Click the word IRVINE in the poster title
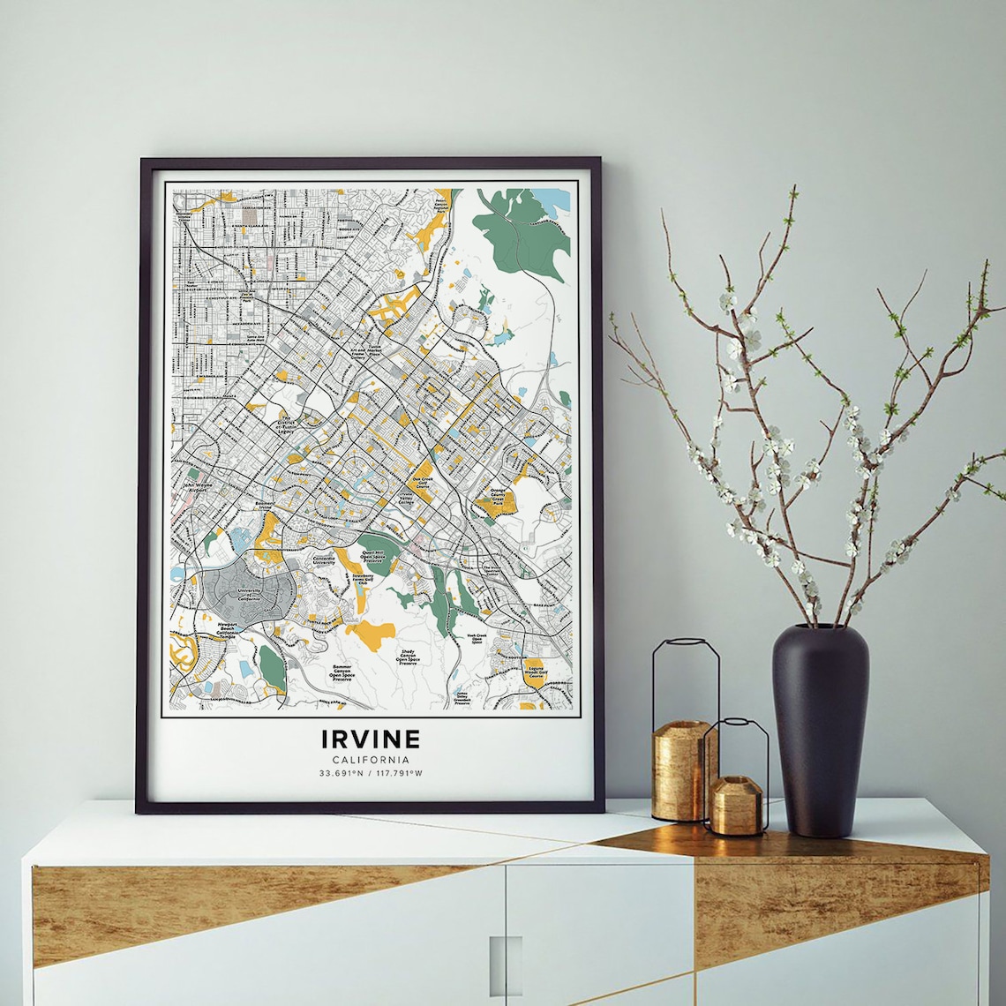tap(371, 738)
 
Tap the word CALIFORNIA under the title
tap(371, 760)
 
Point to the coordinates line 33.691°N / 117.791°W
tap(371, 774)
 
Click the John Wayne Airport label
tap(199, 486)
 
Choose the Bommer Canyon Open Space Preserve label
tap(341, 673)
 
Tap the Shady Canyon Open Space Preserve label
tap(407, 657)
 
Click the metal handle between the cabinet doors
tap(505, 965)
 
